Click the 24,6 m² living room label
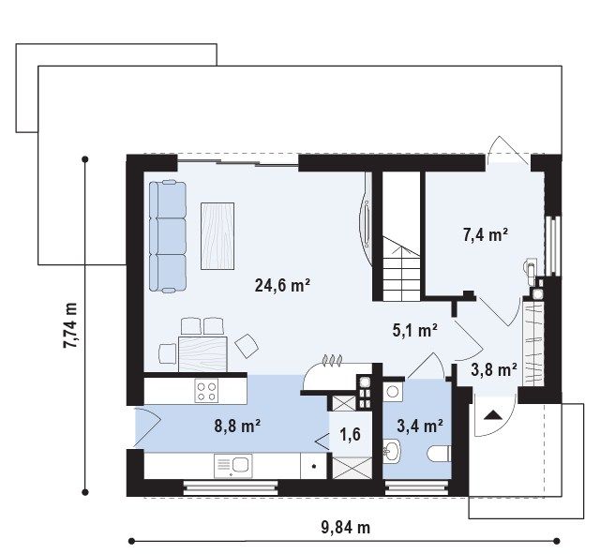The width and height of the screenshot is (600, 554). [x=282, y=285]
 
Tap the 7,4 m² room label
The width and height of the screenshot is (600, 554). [x=486, y=234]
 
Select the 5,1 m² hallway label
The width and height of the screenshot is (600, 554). [x=415, y=330]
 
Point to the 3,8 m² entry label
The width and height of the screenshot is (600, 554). [x=494, y=370]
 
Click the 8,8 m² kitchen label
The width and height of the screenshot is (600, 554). [x=237, y=426]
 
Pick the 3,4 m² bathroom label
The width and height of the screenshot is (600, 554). [x=420, y=426]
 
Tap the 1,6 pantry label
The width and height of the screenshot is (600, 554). [x=350, y=434]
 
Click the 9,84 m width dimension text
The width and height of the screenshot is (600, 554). [x=346, y=528]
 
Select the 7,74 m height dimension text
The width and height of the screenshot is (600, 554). [x=70, y=325]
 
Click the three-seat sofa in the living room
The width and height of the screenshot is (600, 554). [x=168, y=236]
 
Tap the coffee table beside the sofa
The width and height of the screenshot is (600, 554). [x=217, y=236]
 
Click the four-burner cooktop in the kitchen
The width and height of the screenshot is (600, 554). [x=206, y=391]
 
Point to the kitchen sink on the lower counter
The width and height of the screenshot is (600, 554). [x=233, y=466]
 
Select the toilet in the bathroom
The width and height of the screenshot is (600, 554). [x=439, y=454]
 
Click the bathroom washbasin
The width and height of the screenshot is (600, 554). [x=392, y=451]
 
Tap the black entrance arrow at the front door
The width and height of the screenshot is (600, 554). [x=492, y=415]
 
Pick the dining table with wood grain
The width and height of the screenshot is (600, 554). [x=202, y=354]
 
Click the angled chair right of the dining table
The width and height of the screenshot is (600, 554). [x=247, y=346]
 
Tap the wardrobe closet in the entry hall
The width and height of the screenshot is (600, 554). [x=533, y=344]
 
